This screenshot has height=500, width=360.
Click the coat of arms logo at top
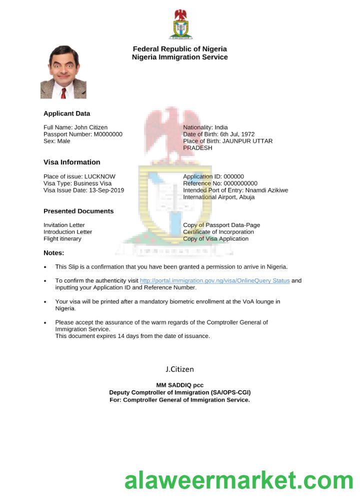click(180, 24)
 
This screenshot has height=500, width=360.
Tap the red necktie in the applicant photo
click(63, 93)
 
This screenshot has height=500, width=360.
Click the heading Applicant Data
click(66, 113)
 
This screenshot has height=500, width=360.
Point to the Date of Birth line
click(218, 134)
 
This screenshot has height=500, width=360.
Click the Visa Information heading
click(71, 162)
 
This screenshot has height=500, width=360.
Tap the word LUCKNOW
click(100, 176)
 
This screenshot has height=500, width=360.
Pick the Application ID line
click(213, 176)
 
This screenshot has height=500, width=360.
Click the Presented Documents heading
click(78, 211)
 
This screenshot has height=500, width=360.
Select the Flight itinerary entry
click(62, 238)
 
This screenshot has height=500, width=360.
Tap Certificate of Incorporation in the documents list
click(218, 231)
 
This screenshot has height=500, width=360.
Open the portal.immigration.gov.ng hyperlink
click(214, 280)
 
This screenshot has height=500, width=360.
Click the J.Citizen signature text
click(179, 369)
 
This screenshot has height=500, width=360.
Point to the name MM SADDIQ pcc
click(179, 385)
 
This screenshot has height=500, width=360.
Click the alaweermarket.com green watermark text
click(239, 481)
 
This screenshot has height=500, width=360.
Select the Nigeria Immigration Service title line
click(179, 57)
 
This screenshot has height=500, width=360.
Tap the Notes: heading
click(54, 252)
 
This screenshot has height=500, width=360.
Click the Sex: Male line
click(57, 141)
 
